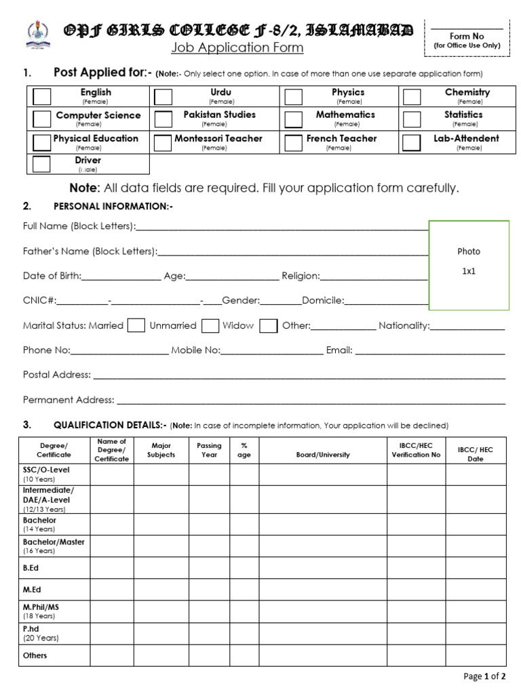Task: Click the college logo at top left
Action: [33, 34]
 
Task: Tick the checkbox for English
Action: [41, 96]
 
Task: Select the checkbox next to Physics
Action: [293, 96]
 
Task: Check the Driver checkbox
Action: [41, 164]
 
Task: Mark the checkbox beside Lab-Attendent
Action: [411, 142]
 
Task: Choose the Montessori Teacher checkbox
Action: [163, 142]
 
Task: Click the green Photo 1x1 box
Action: [469, 265]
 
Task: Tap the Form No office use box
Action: [466, 37]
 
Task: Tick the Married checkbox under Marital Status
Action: [136, 325]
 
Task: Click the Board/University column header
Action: [323, 455]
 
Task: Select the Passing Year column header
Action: [209, 450]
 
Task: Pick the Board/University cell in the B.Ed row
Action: [323, 567]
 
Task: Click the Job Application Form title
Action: [237, 48]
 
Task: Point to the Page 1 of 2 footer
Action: [484, 676]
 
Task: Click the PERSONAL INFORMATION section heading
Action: [113, 206]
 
